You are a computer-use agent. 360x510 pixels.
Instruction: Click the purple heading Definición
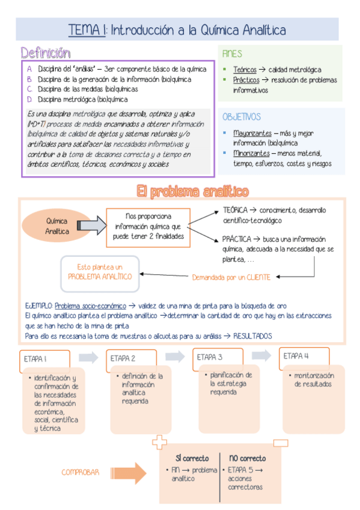(45, 53)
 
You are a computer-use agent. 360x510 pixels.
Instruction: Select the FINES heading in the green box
(232, 54)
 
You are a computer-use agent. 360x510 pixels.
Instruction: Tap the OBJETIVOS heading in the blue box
(242, 117)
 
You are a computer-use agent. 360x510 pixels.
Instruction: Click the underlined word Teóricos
(245, 70)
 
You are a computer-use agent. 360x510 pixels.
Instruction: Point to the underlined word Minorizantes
(252, 153)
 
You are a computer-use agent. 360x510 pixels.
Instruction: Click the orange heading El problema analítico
(192, 191)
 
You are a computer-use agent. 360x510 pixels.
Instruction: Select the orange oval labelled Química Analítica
(57, 226)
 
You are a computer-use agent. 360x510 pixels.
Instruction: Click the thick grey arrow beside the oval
(90, 226)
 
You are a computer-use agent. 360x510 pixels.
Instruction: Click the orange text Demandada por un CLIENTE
(231, 277)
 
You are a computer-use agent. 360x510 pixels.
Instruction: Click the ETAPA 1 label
(35, 358)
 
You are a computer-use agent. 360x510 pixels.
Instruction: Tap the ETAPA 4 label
(296, 355)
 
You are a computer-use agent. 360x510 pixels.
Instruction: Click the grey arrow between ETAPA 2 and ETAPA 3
(175, 356)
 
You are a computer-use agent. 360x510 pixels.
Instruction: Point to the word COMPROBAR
(81, 472)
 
